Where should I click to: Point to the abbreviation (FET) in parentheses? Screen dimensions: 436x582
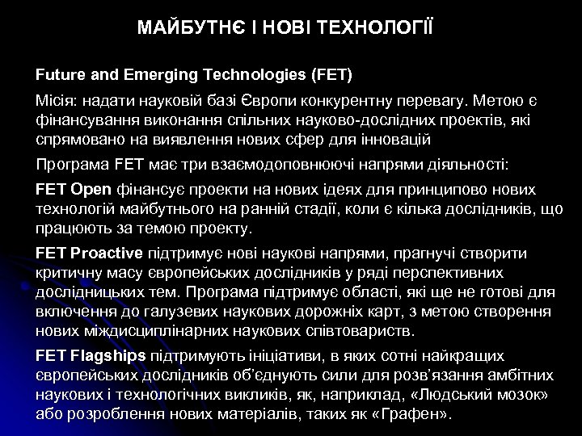tap(331, 76)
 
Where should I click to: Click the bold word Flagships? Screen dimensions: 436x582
tap(108, 355)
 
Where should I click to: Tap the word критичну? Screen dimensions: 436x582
tap(68, 273)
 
